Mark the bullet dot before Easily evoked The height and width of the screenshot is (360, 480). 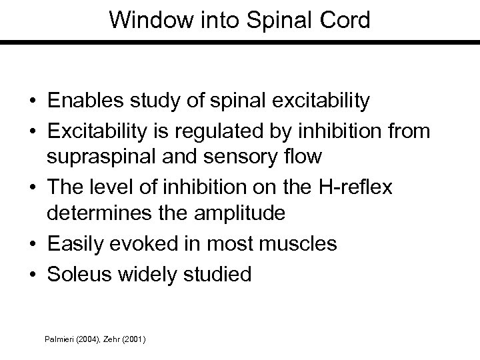(x=32, y=244)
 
